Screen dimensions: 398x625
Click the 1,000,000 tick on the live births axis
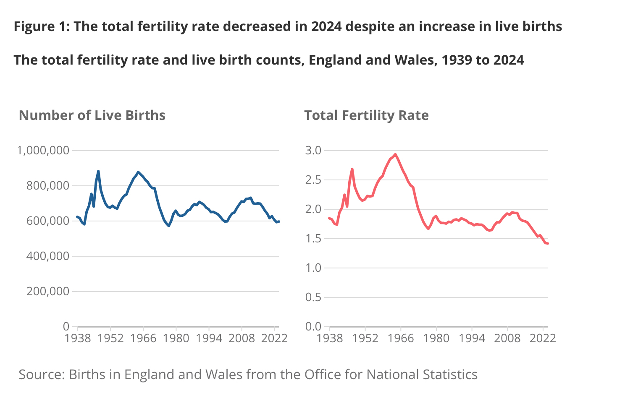pyautogui.click(x=43, y=150)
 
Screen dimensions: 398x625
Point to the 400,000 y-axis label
pyautogui.click(x=47, y=256)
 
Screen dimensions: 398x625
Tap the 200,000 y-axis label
pyautogui.click(x=47, y=291)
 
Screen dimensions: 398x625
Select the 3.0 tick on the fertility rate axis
pyautogui.click(x=313, y=150)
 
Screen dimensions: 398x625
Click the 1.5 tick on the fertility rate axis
pyautogui.click(x=313, y=239)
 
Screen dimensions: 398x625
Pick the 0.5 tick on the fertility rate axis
pyautogui.click(x=313, y=297)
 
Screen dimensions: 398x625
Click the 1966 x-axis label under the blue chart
pyautogui.click(x=143, y=338)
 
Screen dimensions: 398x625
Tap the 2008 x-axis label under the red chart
pyautogui.click(x=507, y=338)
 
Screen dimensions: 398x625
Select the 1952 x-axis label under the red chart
pyautogui.click(x=365, y=338)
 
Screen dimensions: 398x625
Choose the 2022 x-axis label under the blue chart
pyautogui.click(x=274, y=338)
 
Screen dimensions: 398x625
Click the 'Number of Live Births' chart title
pyautogui.click(x=92, y=115)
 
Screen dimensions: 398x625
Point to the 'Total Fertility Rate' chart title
pyautogui.click(x=366, y=115)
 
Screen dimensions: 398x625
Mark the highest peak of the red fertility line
pyautogui.click(x=395, y=154)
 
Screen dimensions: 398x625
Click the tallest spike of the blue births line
pyautogui.click(x=98, y=171)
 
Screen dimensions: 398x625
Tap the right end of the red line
pyautogui.click(x=548, y=243)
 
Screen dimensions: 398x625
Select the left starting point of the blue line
pyautogui.click(x=77, y=217)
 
